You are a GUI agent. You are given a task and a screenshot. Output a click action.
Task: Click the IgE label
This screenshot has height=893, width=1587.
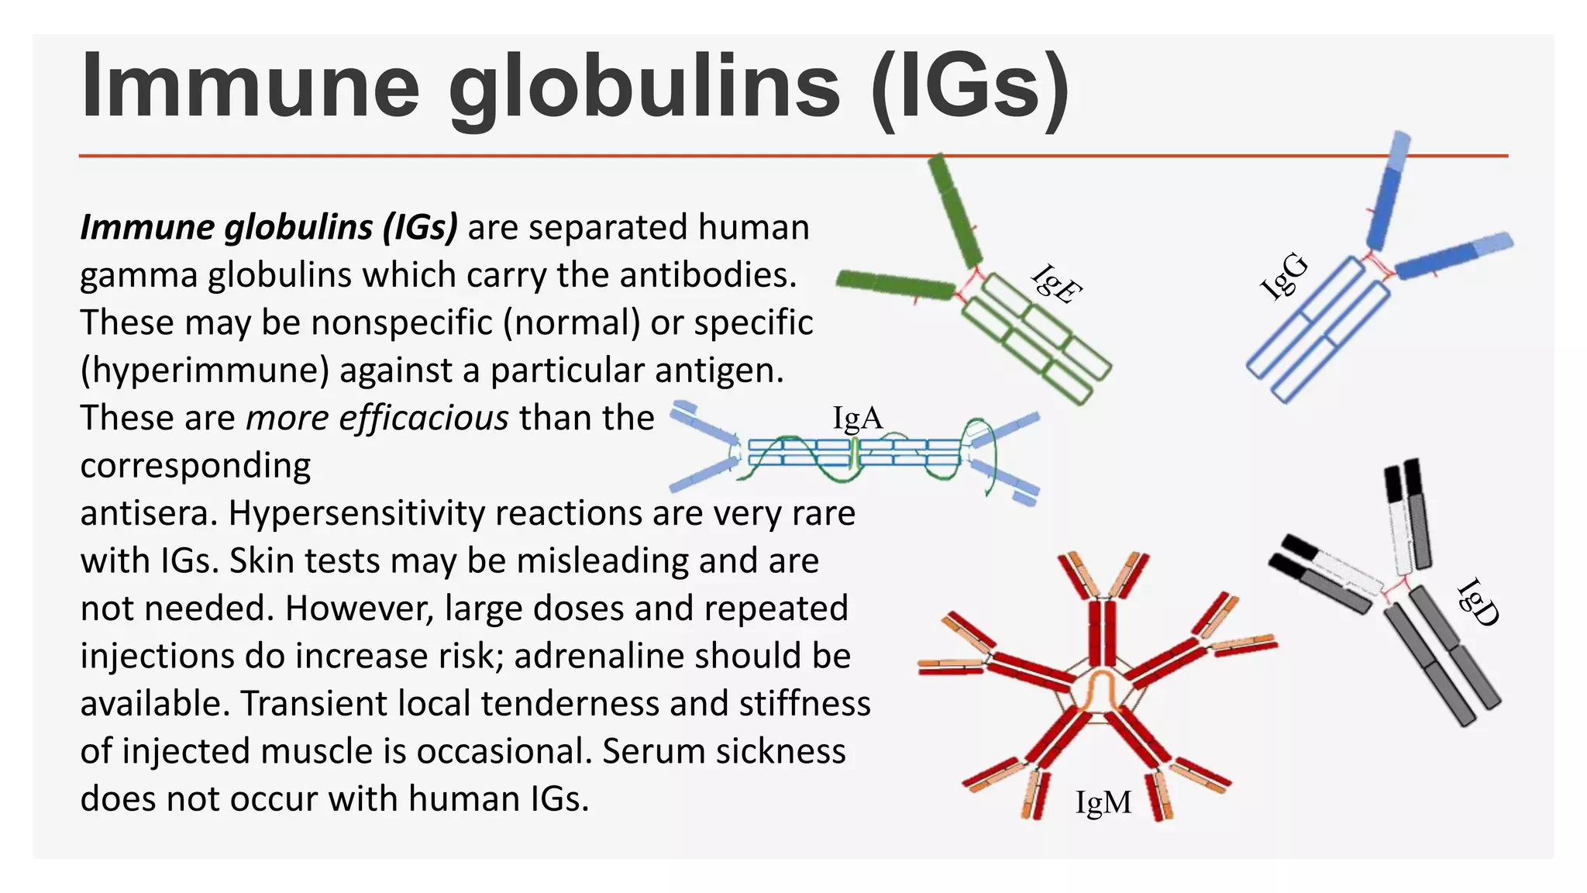coord(1056,284)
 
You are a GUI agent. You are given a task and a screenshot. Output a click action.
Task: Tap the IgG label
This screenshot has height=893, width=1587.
coord(1284,277)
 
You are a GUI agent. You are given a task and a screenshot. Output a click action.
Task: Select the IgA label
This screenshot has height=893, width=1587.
coord(857,419)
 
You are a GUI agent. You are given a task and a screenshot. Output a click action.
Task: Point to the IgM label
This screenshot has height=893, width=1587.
coord(1103,802)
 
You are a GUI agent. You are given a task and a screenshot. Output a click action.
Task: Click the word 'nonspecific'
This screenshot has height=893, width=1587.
coord(401,323)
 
